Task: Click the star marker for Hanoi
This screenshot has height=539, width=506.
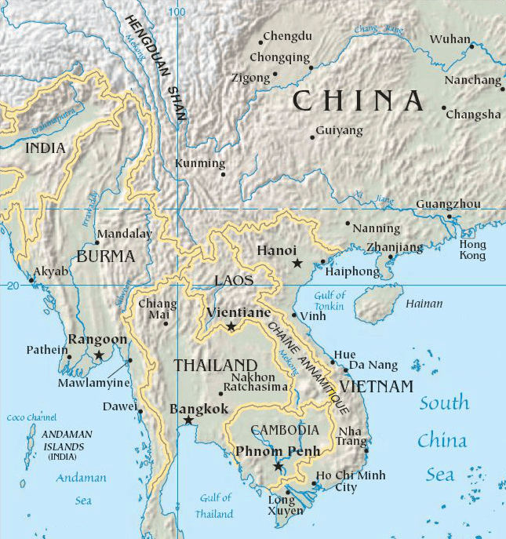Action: coord(297,263)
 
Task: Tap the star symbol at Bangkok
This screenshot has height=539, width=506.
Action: coord(188,421)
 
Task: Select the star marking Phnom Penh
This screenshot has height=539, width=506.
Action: coord(278,466)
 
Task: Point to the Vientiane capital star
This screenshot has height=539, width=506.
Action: coord(231,326)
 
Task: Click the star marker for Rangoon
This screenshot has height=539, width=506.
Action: coord(98,355)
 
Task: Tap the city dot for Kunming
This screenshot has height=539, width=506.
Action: coord(223,174)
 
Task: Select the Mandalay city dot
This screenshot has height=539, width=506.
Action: coord(96,242)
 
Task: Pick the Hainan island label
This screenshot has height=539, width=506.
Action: coord(423,304)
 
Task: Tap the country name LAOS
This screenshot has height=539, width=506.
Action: coord(234,280)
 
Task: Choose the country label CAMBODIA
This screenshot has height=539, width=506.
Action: coord(284,430)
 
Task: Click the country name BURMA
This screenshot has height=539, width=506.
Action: coord(106,256)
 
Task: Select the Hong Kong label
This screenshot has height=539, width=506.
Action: coord(472,250)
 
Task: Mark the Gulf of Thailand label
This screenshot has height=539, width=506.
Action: coord(214,506)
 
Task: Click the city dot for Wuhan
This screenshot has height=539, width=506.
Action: coord(471,46)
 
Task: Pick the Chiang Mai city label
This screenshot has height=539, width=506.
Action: coord(153,309)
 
